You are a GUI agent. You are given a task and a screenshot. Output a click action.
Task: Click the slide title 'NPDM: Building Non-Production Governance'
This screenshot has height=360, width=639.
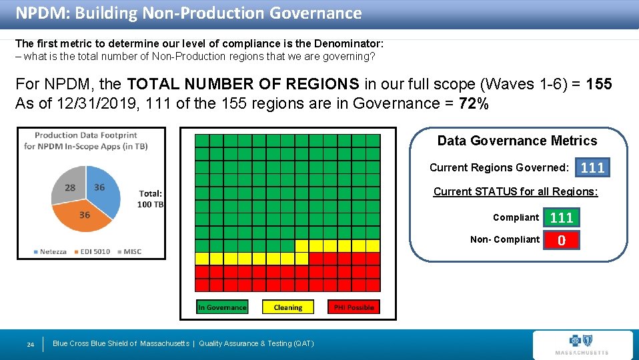(188, 13)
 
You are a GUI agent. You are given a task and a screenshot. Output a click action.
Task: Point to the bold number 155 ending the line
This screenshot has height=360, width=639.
(598, 85)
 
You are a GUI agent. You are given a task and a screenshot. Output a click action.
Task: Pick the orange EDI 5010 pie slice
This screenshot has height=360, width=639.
(83, 217)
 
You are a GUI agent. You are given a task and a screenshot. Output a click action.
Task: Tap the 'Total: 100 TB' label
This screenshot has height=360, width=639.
(151, 199)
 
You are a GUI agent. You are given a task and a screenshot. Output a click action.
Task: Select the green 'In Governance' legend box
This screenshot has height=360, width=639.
(222, 307)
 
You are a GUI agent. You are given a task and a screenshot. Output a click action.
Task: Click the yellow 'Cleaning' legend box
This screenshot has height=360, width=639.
(287, 307)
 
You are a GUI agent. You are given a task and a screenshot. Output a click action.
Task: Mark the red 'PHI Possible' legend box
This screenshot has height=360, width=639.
(354, 307)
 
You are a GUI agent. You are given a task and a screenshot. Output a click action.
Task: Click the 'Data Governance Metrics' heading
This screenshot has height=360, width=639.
(517, 141)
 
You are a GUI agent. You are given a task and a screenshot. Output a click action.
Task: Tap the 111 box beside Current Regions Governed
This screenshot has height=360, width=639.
(592, 167)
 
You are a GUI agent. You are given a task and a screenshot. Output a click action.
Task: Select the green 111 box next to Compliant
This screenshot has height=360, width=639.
(562, 217)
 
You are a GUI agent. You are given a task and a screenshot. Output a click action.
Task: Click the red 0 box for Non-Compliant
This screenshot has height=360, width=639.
(562, 240)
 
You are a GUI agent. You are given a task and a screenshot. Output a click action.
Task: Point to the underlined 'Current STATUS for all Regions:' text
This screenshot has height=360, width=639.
(516, 192)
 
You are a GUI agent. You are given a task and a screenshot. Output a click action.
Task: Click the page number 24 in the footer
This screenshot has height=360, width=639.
(30, 344)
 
